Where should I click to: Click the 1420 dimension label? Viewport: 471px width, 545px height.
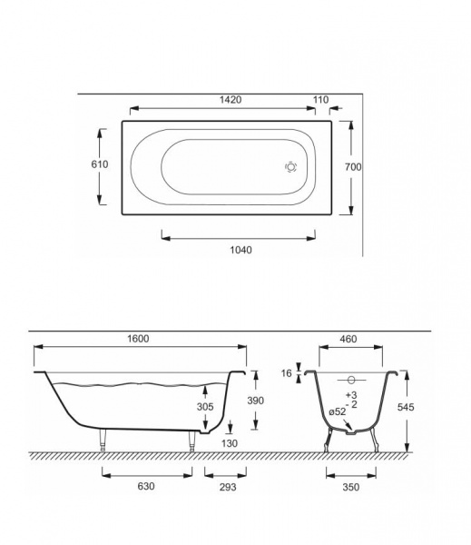[x=231, y=100]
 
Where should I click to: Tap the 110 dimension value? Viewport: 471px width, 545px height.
[x=320, y=100]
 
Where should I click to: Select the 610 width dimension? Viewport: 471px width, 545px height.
[x=100, y=164]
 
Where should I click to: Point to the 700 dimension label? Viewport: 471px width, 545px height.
[x=353, y=167]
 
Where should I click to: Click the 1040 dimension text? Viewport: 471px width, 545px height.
[x=241, y=250]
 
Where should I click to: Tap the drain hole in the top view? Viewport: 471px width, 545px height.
[x=290, y=167]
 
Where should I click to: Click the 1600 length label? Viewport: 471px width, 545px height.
[x=138, y=339]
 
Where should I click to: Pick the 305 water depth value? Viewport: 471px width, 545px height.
[x=205, y=406]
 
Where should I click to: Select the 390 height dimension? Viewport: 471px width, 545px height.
[x=255, y=401]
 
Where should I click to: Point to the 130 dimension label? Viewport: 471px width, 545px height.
[x=230, y=443]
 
